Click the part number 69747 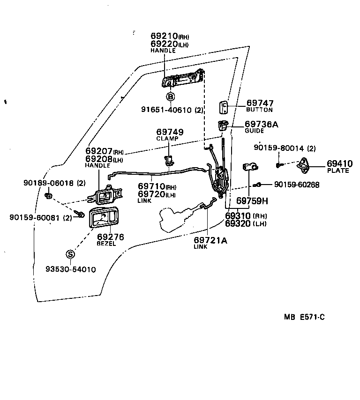(x=260, y=103)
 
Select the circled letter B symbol (x=171, y=97)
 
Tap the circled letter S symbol (x=70, y=254)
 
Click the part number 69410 (x=339, y=163)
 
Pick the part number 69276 (x=110, y=237)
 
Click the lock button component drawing (x=224, y=108)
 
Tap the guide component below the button (x=223, y=126)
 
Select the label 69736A (x=261, y=124)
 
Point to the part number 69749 (x=170, y=133)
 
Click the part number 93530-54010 (x=70, y=269)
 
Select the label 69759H (x=252, y=201)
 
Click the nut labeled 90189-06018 (x=49, y=195)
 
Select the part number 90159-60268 (x=296, y=185)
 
